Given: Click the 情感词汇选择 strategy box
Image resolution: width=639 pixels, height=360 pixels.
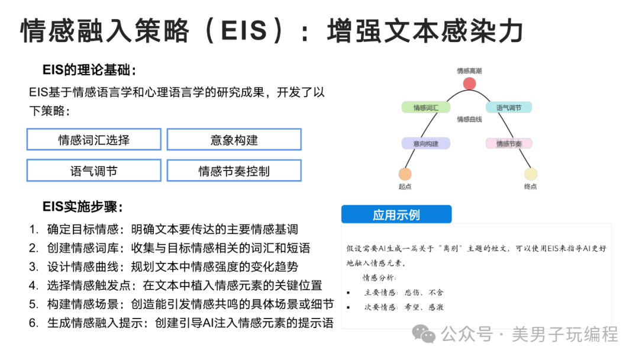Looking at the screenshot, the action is click(x=93, y=139).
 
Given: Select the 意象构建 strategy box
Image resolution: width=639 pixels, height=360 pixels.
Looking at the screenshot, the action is click(x=234, y=139).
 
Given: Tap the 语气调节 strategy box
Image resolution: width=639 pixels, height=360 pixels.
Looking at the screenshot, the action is click(x=93, y=171).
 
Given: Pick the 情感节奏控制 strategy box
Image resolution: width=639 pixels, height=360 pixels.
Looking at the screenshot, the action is click(x=234, y=171).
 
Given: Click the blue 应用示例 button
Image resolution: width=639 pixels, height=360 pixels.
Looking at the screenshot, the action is click(x=396, y=214).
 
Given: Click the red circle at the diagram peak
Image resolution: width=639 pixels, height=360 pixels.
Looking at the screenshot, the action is click(x=469, y=83).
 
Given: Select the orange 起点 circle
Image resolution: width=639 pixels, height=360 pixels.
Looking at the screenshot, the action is click(x=405, y=174).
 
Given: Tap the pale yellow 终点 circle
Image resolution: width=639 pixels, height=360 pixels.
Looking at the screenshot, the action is click(x=531, y=174).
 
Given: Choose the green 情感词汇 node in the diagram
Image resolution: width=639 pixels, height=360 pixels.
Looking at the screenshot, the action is click(x=426, y=108).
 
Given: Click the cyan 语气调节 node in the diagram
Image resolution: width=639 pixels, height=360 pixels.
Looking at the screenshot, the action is click(x=509, y=108).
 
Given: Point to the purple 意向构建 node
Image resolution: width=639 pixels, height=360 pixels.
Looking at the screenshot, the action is click(x=426, y=143).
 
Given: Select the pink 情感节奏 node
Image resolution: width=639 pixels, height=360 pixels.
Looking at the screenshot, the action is click(x=509, y=143).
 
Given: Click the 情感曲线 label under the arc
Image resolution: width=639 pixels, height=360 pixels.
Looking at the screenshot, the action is click(x=469, y=119).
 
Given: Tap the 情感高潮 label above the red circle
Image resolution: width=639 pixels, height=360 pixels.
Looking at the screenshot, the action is click(x=469, y=71).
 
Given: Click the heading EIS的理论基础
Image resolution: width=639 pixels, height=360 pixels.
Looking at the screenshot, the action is click(x=89, y=70).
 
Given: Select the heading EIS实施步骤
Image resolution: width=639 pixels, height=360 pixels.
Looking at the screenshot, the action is click(x=82, y=207).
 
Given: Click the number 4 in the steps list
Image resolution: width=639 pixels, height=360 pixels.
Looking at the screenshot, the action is click(x=33, y=285).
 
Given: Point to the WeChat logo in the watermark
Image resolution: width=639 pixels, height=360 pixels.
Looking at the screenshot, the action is click(x=424, y=334).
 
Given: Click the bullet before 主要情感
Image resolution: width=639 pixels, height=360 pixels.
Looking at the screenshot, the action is click(x=348, y=292).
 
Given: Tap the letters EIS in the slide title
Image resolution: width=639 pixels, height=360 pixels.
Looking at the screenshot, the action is click(x=244, y=31).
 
